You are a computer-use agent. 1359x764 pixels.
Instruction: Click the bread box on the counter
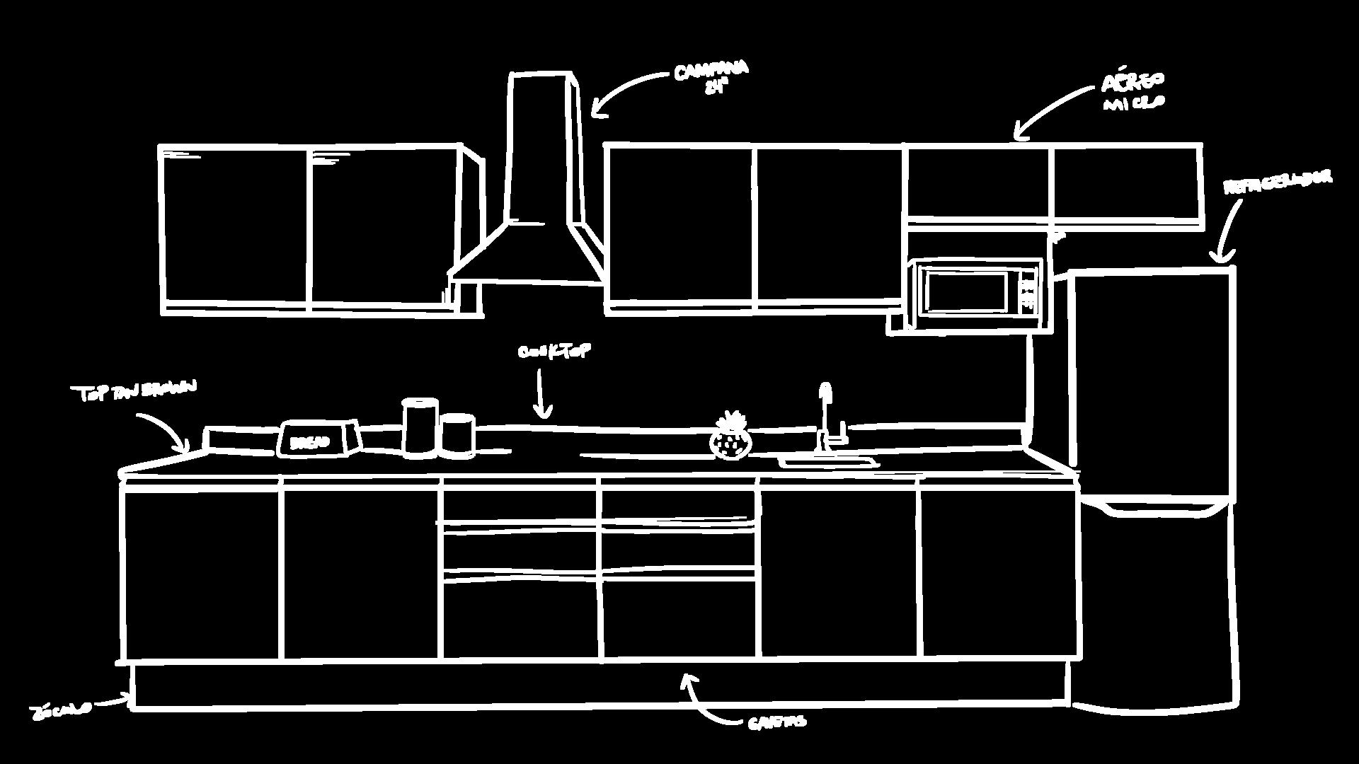319,439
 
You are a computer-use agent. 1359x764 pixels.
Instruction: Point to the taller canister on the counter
420,427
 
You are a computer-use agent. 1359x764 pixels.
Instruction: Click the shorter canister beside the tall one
458,435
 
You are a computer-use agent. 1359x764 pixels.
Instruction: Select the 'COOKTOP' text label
554,352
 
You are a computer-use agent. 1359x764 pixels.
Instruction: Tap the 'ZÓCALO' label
61,710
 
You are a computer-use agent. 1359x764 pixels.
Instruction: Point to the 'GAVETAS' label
776,722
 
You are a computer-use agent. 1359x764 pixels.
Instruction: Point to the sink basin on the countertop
828,463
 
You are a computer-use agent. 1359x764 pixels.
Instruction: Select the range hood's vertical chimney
543,149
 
